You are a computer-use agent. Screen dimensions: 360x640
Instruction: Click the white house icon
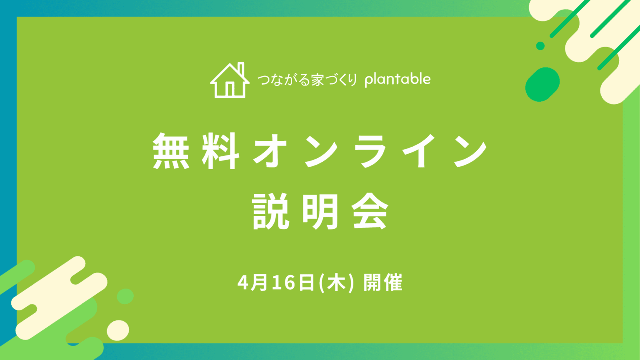[230, 81]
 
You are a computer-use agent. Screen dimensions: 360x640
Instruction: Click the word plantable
[397, 79]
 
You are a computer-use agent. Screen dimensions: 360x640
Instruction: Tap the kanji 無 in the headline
[171, 151]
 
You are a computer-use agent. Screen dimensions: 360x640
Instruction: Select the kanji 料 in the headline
[221, 151]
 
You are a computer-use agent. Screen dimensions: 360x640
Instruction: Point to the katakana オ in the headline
[270, 151]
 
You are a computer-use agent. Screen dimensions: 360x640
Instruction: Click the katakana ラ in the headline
[370, 151]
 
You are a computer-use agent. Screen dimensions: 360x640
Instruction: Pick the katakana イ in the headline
[419, 151]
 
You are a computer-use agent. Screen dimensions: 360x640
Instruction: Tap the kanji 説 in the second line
[271, 211]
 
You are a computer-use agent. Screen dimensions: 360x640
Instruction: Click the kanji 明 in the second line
[320, 211]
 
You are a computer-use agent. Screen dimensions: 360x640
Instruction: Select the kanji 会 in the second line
[370, 211]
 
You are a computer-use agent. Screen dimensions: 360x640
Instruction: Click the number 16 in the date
[284, 283]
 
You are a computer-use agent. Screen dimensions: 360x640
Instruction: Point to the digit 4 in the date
[243, 283]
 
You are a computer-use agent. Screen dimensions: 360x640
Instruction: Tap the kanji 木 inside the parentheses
[336, 283]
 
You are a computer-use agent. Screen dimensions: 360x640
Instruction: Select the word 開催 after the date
[383, 283]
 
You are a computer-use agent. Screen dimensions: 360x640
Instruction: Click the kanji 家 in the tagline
[317, 80]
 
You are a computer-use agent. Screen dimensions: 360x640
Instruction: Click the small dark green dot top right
[540, 46]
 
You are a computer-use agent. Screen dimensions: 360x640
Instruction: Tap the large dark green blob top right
[542, 85]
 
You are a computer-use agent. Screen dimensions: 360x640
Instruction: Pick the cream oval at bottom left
[118, 330]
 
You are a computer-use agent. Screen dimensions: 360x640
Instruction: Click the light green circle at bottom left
[125, 296]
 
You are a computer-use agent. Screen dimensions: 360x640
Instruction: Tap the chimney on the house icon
[241, 69]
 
